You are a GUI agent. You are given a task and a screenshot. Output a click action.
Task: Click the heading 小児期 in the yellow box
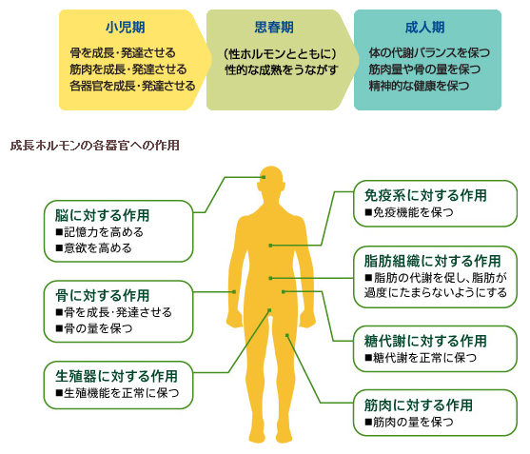[126, 28]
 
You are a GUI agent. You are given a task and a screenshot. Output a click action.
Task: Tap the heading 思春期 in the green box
[274, 28]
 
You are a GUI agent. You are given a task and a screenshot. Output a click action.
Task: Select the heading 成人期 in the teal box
[425, 28]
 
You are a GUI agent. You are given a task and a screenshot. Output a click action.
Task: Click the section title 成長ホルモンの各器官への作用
[94, 146]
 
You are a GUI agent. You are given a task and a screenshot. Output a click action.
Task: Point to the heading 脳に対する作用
[102, 215]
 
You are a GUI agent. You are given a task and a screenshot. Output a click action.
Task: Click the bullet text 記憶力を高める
[104, 232]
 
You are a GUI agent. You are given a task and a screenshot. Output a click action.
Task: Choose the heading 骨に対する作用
[102, 295]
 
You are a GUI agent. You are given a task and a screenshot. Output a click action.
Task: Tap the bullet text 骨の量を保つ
[98, 328]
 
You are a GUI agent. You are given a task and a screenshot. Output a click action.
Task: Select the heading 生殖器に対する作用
[117, 376]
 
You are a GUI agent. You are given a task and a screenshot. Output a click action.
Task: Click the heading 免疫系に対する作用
[425, 195]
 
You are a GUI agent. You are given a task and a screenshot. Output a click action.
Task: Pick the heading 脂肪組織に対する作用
[432, 261]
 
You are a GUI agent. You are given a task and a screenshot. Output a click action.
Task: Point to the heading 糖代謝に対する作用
[425, 341]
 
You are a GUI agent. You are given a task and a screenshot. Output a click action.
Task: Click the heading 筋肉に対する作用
[419, 405]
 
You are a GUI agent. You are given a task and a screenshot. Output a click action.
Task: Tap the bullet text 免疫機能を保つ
[413, 212]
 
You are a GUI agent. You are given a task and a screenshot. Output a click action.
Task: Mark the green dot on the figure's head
[264, 177]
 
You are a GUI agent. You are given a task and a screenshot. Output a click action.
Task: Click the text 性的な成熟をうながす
[282, 70]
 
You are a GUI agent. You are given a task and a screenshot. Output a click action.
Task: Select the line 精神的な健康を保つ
[419, 86]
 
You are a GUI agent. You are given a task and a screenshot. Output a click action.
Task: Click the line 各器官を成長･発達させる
[132, 86]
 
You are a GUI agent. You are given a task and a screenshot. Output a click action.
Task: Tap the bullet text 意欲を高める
[98, 248]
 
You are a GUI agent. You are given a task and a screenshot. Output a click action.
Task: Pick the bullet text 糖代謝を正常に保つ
[424, 358]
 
